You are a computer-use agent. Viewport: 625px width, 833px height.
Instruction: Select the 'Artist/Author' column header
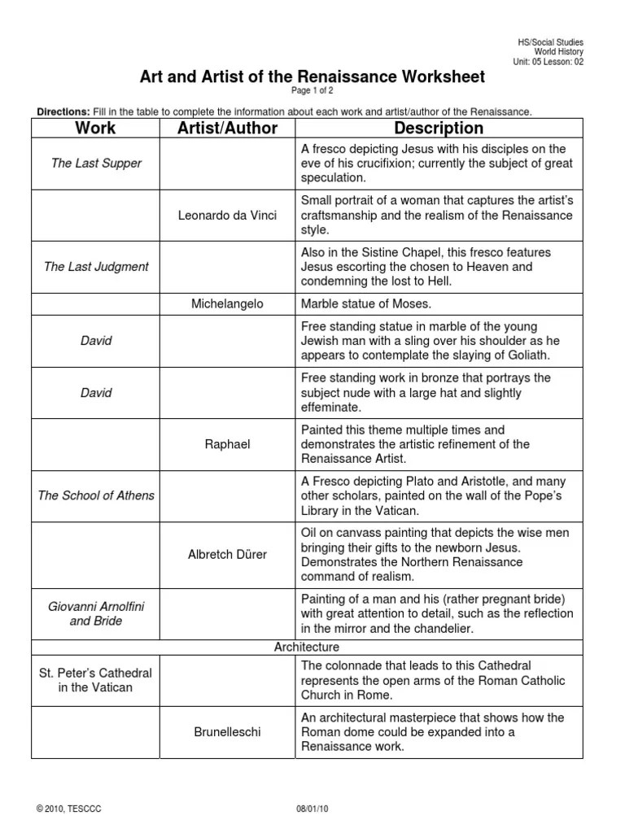[227, 128]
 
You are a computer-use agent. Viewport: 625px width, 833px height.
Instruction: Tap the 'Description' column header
[438, 128]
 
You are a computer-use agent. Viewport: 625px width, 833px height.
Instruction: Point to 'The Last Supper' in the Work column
[96, 164]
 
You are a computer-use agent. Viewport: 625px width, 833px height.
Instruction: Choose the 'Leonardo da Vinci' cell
[227, 216]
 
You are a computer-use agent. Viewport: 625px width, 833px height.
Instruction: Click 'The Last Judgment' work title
[96, 267]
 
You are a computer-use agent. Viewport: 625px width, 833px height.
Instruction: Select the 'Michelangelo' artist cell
[227, 303]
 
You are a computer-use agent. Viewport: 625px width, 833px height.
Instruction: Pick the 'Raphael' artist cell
[227, 444]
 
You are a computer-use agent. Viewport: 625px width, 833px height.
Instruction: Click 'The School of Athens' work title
[96, 495]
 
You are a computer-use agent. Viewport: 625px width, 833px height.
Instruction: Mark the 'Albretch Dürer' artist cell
[227, 554]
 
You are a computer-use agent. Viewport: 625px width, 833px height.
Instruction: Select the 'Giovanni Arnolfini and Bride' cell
[96, 613]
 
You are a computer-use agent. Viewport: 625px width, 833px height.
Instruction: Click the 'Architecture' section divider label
[308, 647]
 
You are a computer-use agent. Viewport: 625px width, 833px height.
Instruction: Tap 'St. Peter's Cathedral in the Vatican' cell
[96, 680]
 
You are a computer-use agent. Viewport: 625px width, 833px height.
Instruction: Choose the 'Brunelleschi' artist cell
[227, 732]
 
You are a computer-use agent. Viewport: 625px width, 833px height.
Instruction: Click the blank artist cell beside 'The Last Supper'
[227, 164]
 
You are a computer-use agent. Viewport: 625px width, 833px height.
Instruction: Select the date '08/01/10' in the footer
[312, 809]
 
